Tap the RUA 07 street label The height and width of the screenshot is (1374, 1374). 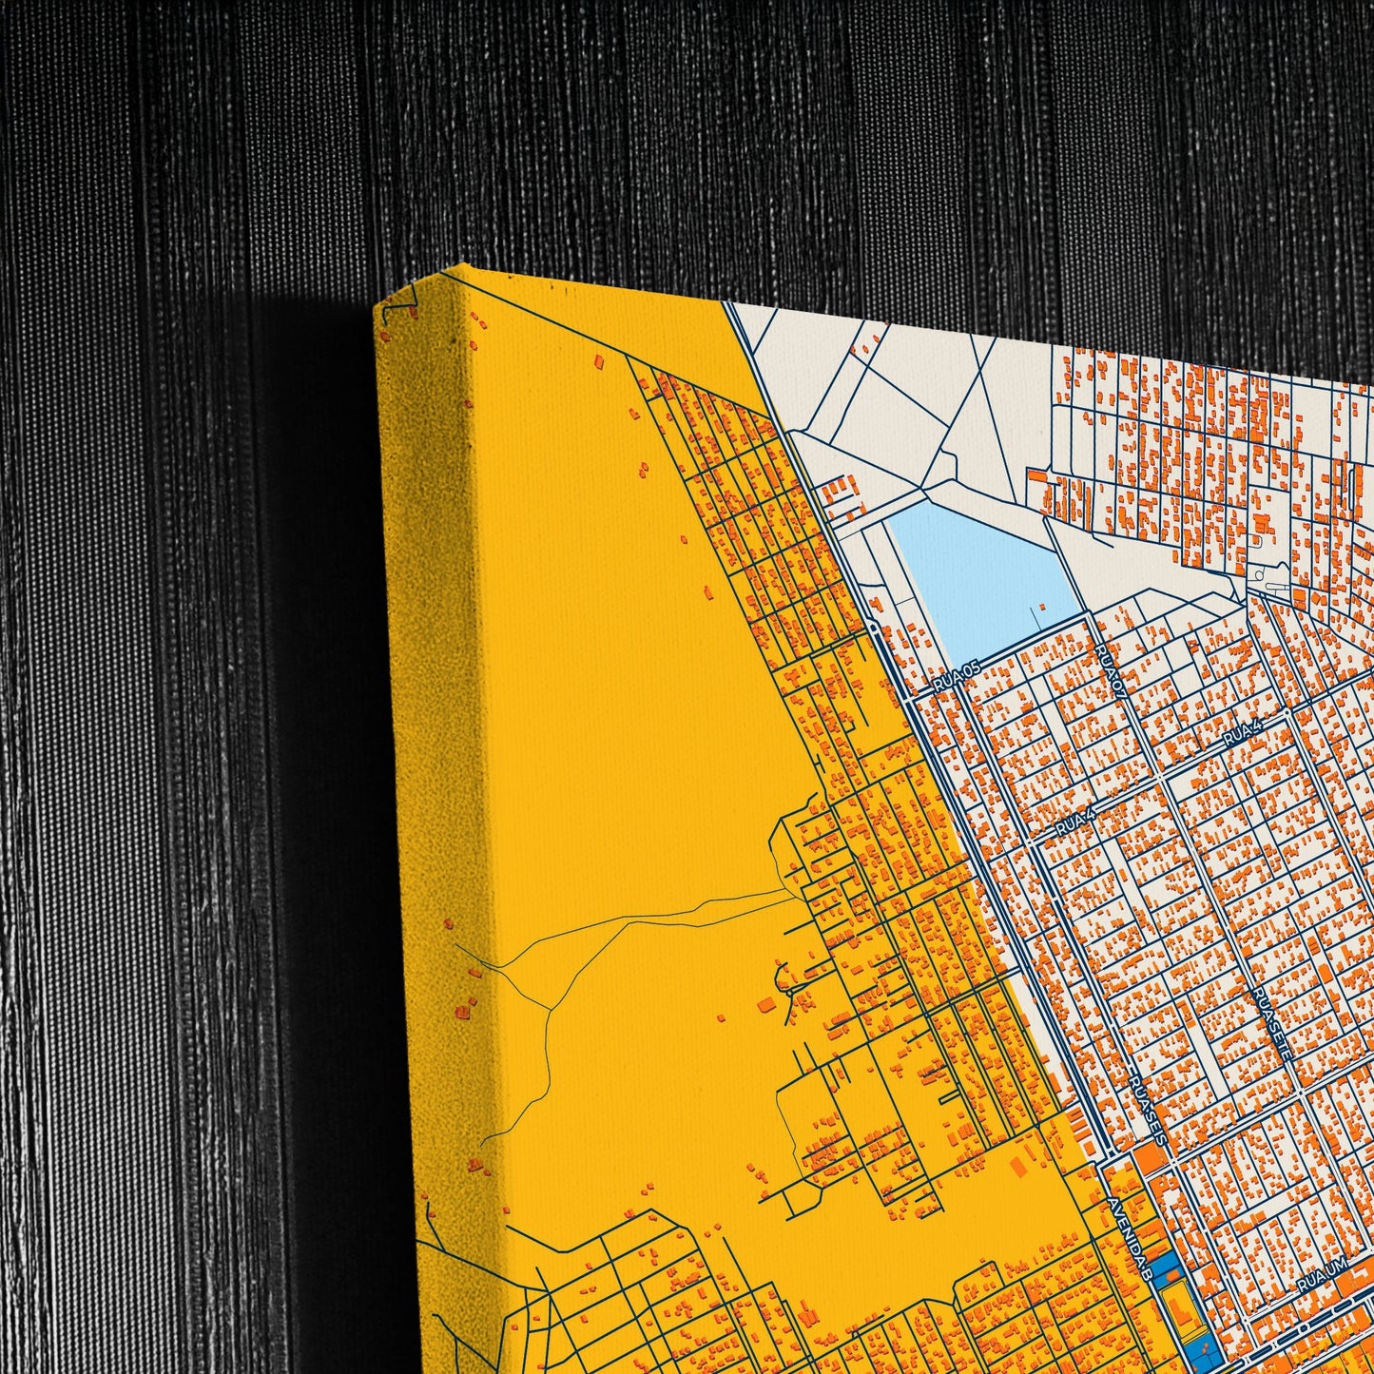pos(1111,671)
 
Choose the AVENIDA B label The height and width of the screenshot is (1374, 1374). pos(1130,1237)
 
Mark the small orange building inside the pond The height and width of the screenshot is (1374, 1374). pos(1043,606)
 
